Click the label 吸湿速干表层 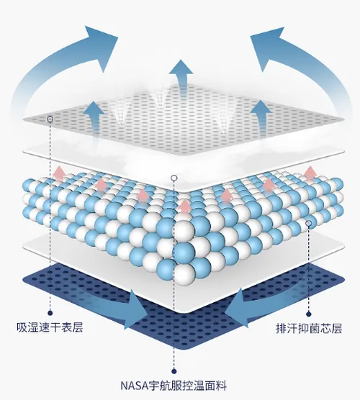50,328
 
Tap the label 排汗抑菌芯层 309,328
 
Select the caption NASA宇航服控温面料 174,386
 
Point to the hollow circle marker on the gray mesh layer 50,119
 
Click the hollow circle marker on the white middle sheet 174,178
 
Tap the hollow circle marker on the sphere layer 309,224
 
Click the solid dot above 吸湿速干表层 50,312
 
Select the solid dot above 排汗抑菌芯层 309,314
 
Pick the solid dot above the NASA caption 174,371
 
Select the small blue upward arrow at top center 181,74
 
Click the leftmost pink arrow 59,173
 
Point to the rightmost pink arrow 310,173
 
